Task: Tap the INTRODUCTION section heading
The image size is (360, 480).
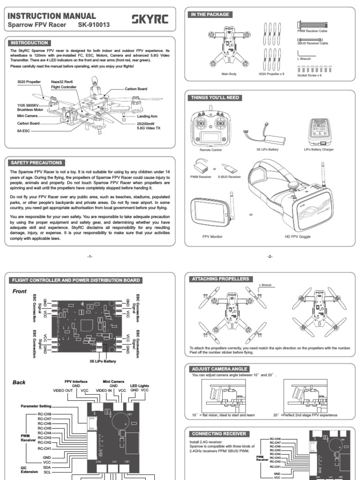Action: [x=29, y=43]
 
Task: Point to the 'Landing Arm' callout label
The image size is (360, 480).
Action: [x=147, y=116]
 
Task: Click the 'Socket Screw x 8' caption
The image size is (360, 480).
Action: [x=312, y=74]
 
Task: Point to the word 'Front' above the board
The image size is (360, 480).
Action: [x=21, y=291]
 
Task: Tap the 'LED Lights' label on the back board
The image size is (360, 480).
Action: [x=139, y=385]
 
